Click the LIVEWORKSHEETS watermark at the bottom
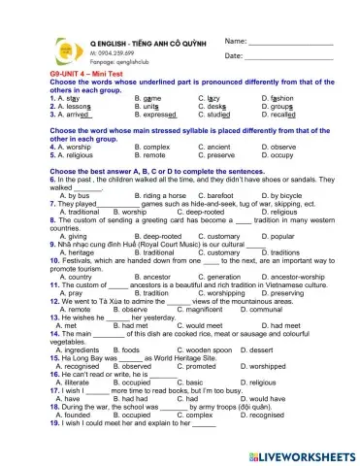(x=302, y=453)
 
